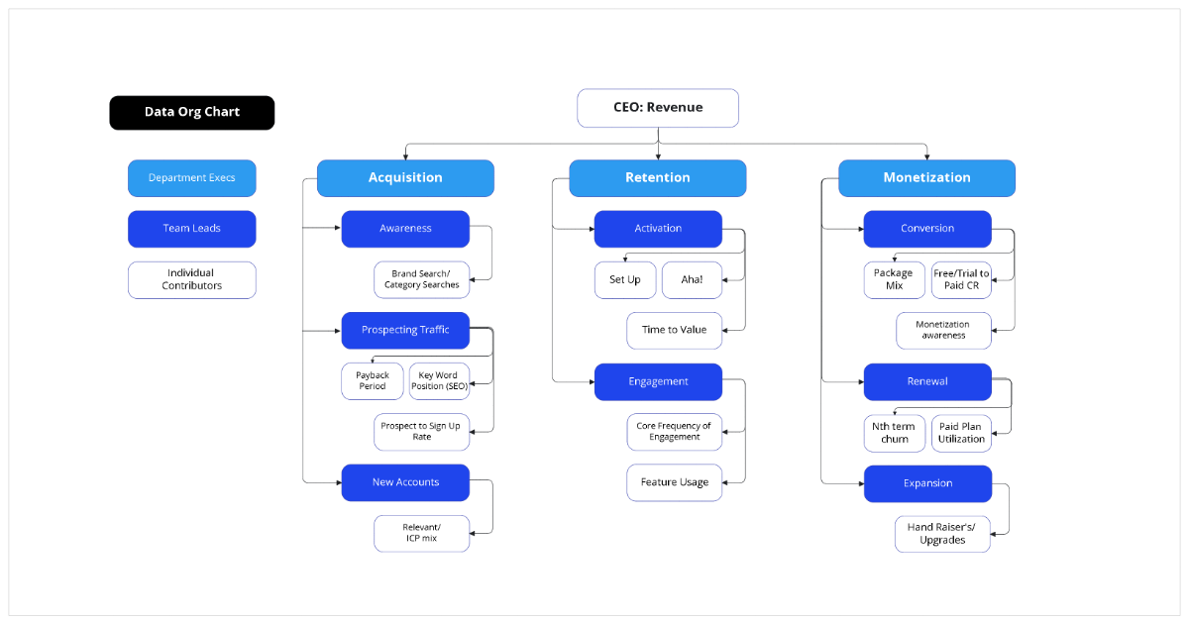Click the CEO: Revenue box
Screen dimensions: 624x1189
pyautogui.click(x=658, y=108)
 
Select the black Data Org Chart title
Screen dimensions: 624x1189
pyautogui.click(x=192, y=112)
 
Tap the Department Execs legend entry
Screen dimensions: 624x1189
pyautogui.click(x=192, y=178)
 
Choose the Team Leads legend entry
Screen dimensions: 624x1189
pyautogui.click(x=192, y=229)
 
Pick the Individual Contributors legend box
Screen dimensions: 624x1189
pyautogui.click(x=192, y=279)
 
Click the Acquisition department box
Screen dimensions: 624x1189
pyautogui.click(x=405, y=178)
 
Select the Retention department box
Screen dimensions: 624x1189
pyautogui.click(x=657, y=178)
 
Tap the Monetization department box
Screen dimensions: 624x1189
pyautogui.click(x=926, y=178)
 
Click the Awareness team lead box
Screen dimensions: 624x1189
pyautogui.click(x=405, y=229)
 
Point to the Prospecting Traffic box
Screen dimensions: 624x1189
pyautogui.click(x=405, y=330)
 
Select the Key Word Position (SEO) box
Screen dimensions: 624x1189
pyautogui.click(x=439, y=381)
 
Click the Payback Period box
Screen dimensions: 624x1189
pyautogui.click(x=373, y=381)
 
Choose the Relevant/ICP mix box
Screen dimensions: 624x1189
pyautogui.click(x=421, y=533)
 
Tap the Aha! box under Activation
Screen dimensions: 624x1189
pyautogui.click(x=691, y=280)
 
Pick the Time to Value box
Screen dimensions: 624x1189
pyautogui.click(x=674, y=330)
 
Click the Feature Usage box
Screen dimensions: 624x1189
pyautogui.click(x=674, y=482)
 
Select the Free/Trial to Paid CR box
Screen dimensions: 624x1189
pyautogui.click(x=961, y=280)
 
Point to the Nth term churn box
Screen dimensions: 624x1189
pyautogui.click(x=895, y=433)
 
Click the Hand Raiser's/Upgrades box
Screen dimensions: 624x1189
pyautogui.click(x=941, y=534)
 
